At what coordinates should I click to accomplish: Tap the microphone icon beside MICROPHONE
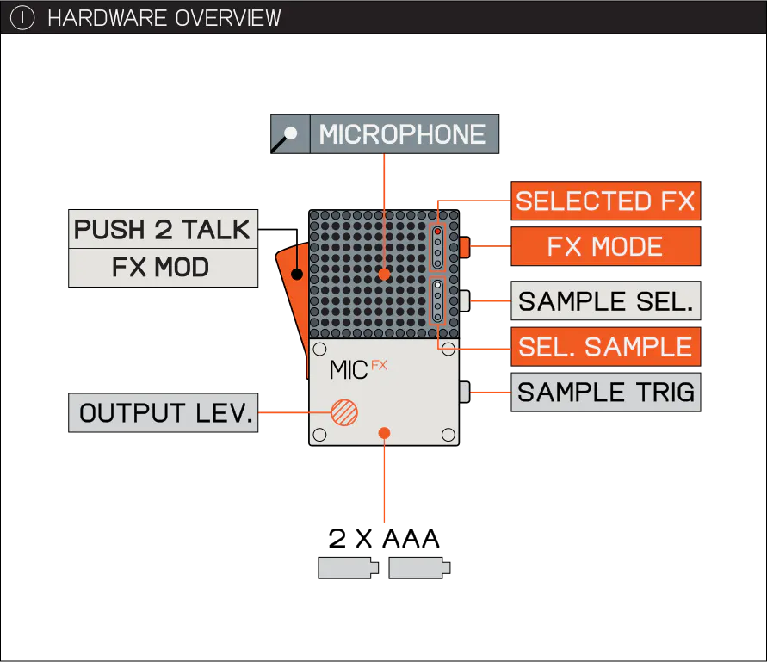[290, 134]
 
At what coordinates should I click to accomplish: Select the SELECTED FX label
[605, 201]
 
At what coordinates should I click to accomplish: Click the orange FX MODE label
[605, 246]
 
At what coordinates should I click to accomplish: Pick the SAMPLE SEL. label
[605, 300]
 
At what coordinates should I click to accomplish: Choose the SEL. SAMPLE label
[605, 346]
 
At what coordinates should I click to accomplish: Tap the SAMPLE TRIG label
[605, 393]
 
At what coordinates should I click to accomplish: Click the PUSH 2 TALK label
[163, 229]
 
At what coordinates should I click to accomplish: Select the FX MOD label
[163, 268]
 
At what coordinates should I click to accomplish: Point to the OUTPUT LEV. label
[163, 413]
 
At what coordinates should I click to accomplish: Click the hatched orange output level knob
[344, 412]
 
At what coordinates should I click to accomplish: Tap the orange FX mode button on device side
[465, 247]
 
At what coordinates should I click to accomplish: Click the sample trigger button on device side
[465, 392]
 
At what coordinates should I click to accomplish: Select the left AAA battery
[348, 568]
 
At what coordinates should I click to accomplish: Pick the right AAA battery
[419, 568]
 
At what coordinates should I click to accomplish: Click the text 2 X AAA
[384, 539]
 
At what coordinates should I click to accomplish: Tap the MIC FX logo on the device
[358, 370]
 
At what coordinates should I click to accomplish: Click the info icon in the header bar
[22, 18]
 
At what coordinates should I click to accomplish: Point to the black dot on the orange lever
[297, 274]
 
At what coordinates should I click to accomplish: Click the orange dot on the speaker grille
[385, 274]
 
